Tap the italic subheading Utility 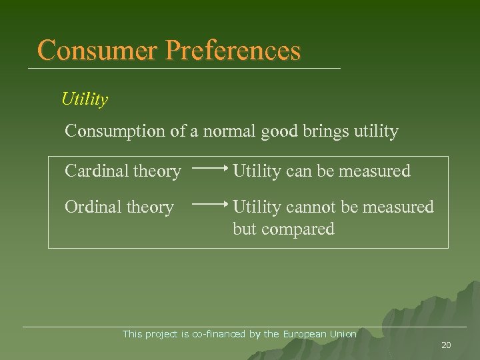[x=84, y=99]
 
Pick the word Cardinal [x=95, y=171]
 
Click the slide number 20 [x=446, y=345]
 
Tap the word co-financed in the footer [x=219, y=334]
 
